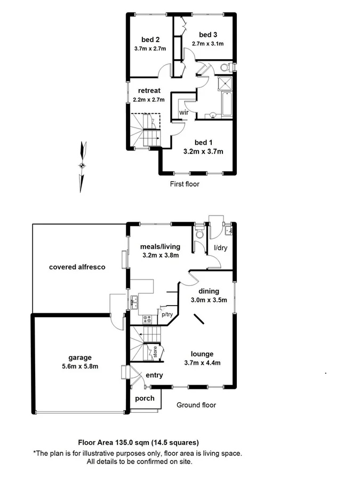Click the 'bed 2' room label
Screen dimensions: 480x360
coord(150,39)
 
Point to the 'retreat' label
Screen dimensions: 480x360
coord(149,91)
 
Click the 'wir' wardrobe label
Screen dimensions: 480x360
coord(183,113)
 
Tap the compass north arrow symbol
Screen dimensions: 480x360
coord(82,166)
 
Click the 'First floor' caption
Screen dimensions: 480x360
coord(185,184)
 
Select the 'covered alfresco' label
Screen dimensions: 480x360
coord(77,267)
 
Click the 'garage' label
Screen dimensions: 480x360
coord(79,357)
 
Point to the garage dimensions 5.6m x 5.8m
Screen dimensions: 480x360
coord(79,366)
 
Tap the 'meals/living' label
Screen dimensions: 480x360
coord(160,246)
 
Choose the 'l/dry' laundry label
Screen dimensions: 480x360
coord(219,249)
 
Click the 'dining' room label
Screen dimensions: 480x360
coord(210,291)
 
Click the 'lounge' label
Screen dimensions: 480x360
coord(203,354)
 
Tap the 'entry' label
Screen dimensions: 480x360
coord(155,375)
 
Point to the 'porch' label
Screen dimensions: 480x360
coord(145,398)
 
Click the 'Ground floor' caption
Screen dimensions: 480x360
coord(196,405)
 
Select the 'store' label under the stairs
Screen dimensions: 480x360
coord(155,352)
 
